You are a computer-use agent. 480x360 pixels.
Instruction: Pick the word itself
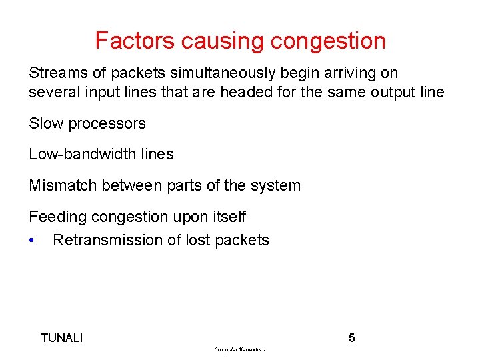[227, 217]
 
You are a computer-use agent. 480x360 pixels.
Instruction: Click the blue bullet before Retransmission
[32, 241]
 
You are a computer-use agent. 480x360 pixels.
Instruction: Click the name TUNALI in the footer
[62, 338]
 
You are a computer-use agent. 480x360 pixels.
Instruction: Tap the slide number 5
[352, 338]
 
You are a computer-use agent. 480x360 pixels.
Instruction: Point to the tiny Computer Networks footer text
[241, 349]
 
